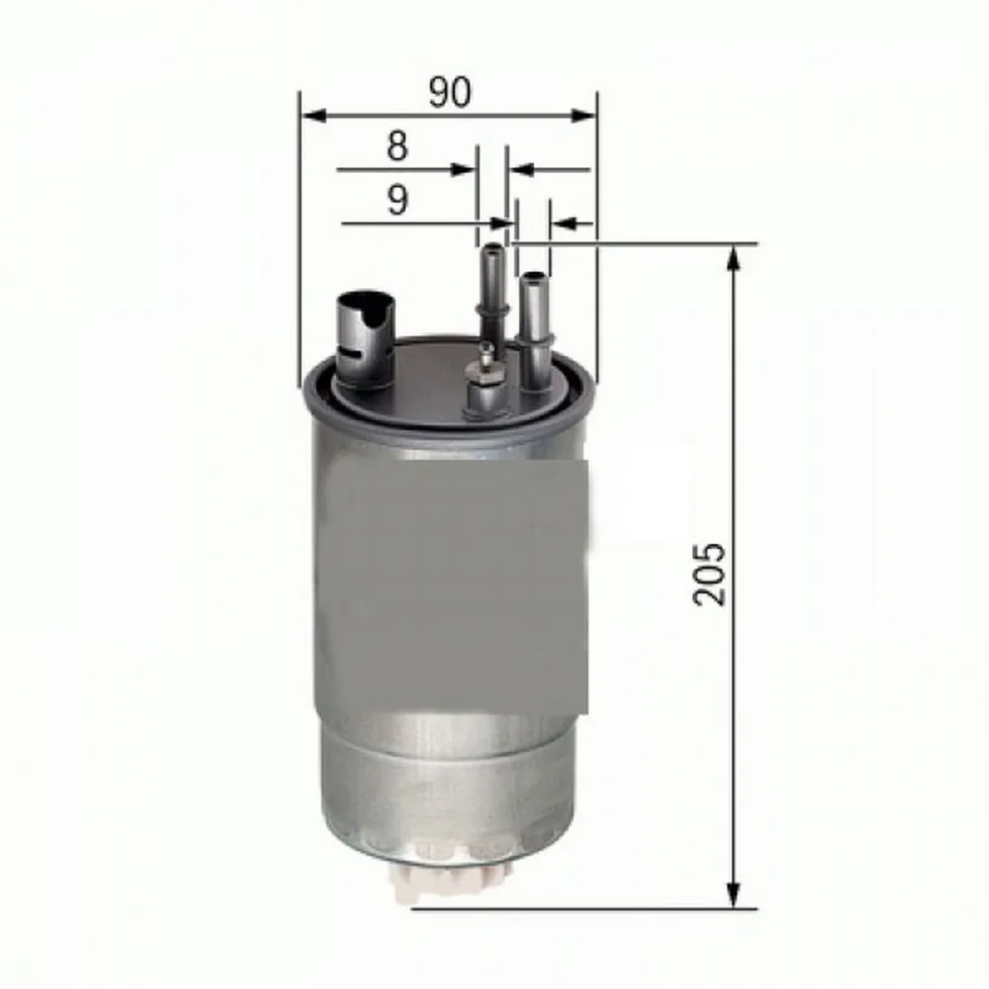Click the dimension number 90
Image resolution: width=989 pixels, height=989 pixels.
[450, 92]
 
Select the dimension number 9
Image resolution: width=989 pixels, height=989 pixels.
[397, 202]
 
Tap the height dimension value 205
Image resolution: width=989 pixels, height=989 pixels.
[710, 574]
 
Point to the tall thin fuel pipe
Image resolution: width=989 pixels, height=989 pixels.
[491, 287]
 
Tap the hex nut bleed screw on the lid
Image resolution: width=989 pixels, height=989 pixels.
[485, 370]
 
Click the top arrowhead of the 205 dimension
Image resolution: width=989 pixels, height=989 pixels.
[733, 259]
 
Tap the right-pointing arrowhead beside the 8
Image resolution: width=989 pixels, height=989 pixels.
[465, 169]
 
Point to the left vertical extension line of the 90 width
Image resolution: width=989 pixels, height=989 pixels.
[299, 237]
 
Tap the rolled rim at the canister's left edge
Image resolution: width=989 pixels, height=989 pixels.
[309, 396]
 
